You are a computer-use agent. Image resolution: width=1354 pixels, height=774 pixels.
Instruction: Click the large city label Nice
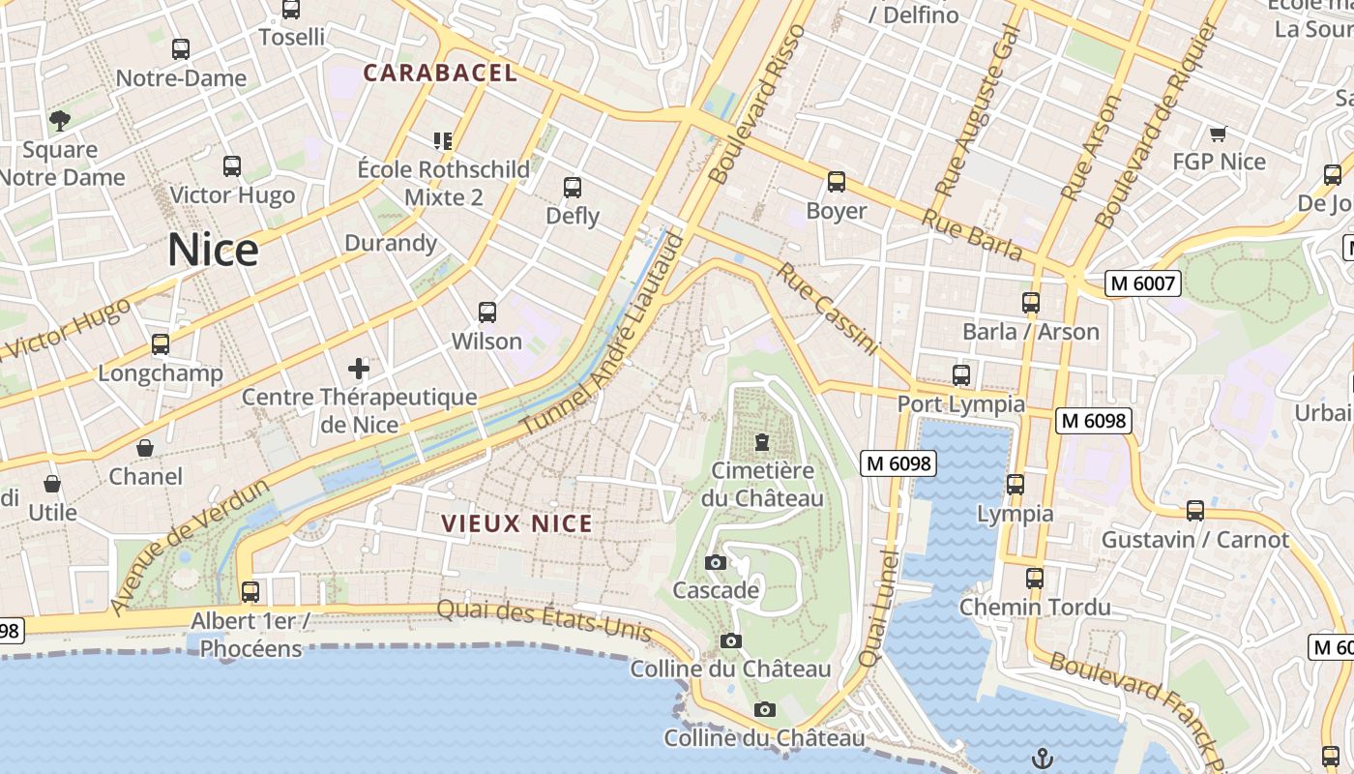pos(213,250)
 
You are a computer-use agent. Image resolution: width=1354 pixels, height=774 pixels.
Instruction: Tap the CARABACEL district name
pos(440,73)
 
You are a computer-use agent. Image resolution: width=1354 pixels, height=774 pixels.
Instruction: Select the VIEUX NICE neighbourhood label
pos(516,523)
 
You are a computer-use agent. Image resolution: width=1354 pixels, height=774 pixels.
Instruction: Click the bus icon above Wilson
pos(487,313)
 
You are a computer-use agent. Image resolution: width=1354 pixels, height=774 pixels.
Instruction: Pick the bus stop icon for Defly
pos(573,188)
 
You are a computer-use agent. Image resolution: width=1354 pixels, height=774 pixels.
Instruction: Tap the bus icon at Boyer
pos(837,182)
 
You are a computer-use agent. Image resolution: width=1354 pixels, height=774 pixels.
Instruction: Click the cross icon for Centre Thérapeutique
pos(359,369)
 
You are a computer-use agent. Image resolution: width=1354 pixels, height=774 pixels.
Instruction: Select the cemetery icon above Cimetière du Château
pos(762,443)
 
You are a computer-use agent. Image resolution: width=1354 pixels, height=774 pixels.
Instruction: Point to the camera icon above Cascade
pos(716,563)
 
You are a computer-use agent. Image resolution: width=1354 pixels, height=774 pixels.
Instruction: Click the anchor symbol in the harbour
pos(1042,759)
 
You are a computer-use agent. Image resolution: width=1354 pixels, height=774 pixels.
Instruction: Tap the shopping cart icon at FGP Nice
pos(1218,134)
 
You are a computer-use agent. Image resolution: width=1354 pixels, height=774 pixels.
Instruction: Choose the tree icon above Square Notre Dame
pos(60,121)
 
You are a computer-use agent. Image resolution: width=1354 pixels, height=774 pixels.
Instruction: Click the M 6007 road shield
pos(1143,283)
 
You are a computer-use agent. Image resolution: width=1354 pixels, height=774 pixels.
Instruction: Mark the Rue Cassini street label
pos(826,309)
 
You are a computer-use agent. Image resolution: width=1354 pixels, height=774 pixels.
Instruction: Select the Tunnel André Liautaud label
pos(604,334)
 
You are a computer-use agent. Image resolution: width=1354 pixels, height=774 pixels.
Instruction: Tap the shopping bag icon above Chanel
pos(145,448)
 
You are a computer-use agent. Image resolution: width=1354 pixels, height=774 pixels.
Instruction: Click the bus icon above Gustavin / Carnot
pos(1195,511)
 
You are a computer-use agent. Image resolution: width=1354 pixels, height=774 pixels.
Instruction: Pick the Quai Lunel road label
pos(878,609)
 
